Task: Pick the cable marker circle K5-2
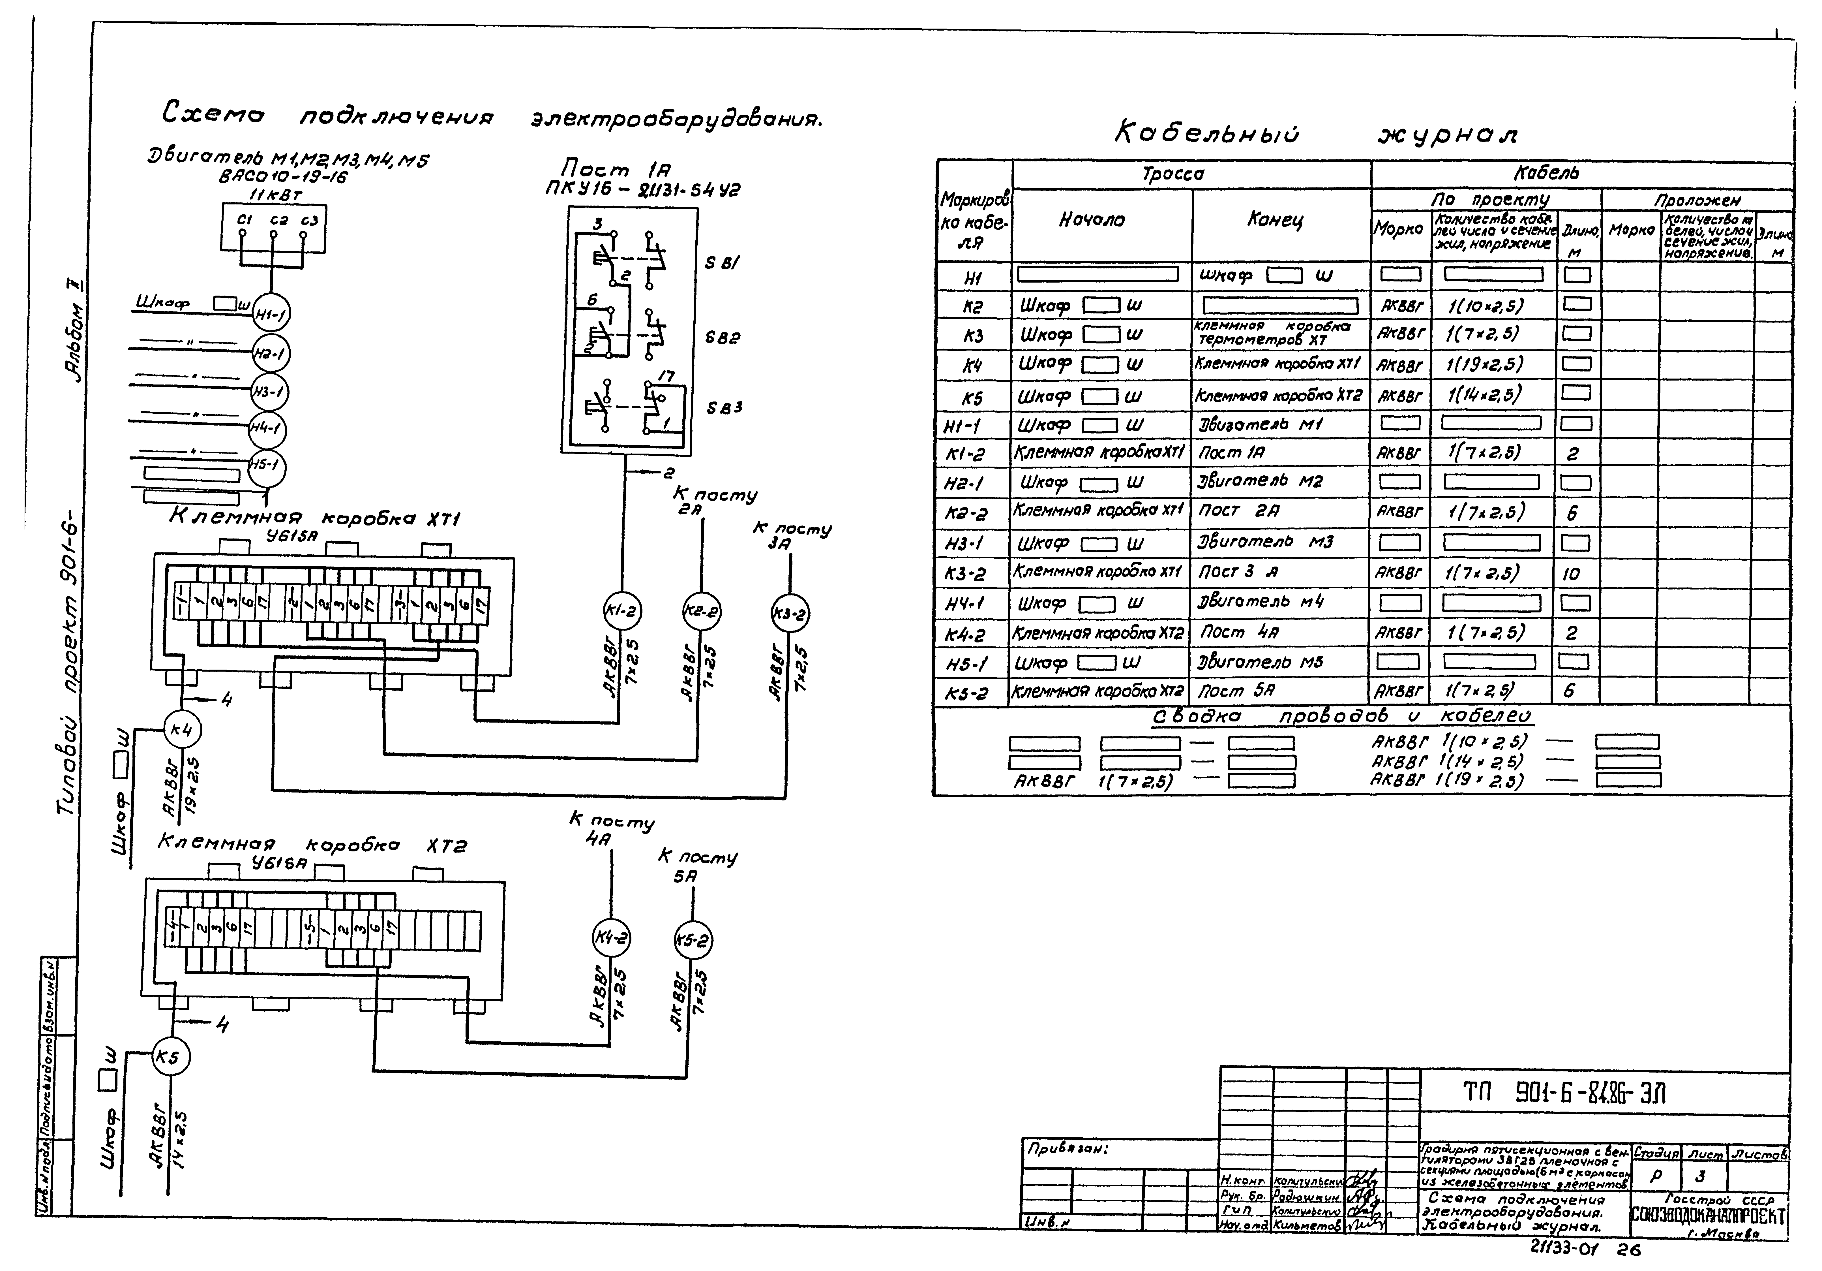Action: coord(693,941)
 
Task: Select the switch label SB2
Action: coord(722,337)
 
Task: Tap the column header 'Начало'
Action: coord(1092,220)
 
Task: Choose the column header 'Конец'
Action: coord(1274,220)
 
